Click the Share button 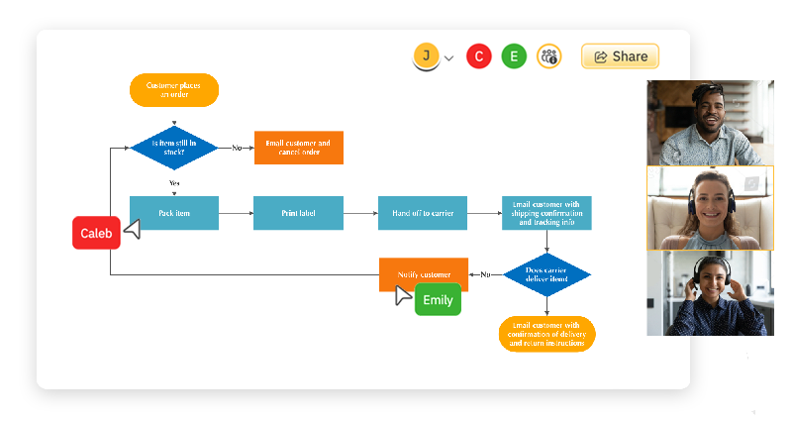pos(620,56)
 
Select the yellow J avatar pos(426,56)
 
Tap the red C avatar pos(479,56)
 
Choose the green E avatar pos(514,56)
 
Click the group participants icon pos(548,56)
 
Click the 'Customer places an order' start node pos(174,90)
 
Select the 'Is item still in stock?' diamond pos(174,148)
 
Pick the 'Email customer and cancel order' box pos(298,148)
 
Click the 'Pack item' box pos(174,213)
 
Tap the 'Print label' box pos(298,213)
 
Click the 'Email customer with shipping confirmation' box pos(546,213)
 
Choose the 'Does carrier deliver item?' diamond pos(546,274)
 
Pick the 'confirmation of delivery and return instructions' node pos(546,333)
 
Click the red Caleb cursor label pos(96,233)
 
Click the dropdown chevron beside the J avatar pos(448,58)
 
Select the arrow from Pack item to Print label pos(236,213)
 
